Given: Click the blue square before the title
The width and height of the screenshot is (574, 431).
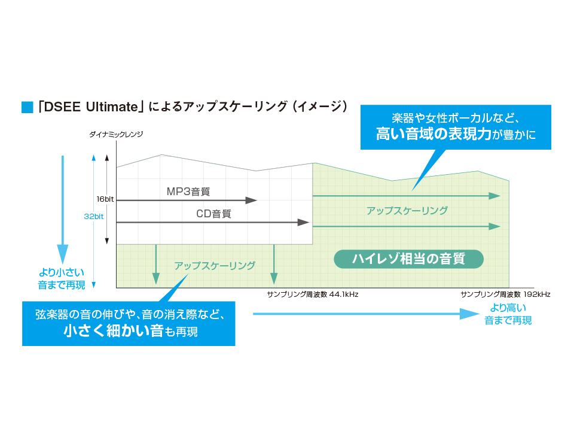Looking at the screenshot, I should (x=27, y=108).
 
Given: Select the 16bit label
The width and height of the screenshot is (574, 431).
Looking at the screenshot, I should (x=105, y=199).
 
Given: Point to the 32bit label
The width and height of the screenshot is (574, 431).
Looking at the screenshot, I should (x=94, y=217).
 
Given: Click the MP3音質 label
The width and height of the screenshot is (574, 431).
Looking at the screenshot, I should (x=188, y=192).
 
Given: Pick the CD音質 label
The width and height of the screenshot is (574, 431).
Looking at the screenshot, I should (x=213, y=214).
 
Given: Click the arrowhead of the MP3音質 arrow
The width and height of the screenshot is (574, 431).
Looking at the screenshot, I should (x=252, y=200).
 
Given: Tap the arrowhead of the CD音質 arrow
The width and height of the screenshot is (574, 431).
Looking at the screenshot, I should (x=304, y=222).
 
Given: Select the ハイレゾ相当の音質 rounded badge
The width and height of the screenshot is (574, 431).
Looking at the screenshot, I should (x=408, y=259).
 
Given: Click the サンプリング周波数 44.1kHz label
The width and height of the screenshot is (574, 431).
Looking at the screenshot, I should (x=313, y=295).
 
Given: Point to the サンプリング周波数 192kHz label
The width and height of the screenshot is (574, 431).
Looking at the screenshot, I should (x=505, y=295).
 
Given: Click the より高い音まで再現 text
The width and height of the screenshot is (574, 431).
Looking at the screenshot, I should (x=508, y=314).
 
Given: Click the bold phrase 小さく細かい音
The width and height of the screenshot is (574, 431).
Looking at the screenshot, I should (x=114, y=330).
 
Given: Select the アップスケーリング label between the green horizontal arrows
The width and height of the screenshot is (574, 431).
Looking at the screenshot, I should (x=407, y=211).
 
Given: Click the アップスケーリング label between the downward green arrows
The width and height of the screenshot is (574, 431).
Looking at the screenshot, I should (x=215, y=265).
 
